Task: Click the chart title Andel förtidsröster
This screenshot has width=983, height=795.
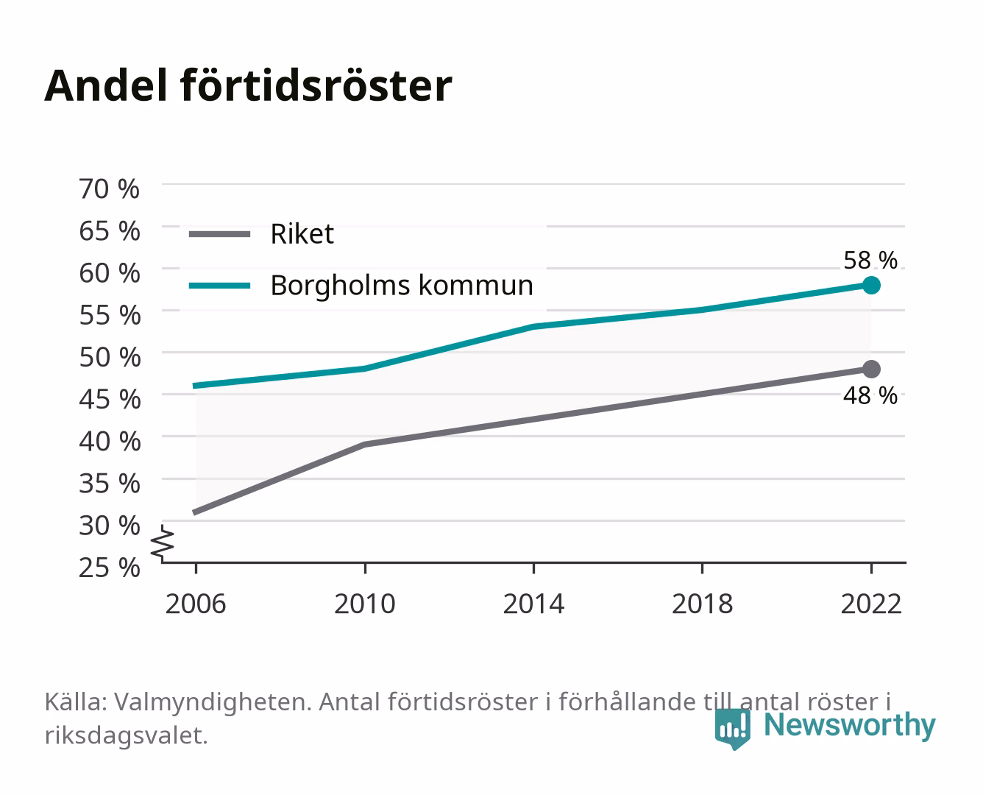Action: click(x=248, y=86)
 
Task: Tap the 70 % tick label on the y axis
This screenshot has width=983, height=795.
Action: click(x=110, y=189)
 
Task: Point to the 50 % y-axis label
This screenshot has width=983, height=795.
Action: click(x=110, y=357)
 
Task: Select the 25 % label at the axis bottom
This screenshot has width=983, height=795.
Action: click(x=110, y=568)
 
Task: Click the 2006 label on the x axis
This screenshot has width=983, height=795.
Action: click(x=196, y=604)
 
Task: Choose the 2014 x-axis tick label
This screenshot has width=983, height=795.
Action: click(x=533, y=604)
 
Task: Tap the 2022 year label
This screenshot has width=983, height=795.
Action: click(x=871, y=604)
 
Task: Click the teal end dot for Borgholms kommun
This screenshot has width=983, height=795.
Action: click(x=871, y=286)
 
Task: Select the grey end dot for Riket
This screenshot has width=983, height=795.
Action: click(x=871, y=370)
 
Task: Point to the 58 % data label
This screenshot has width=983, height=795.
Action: click(x=870, y=261)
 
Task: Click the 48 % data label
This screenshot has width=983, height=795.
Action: click(x=870, y=395)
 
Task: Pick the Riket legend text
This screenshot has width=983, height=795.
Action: click(x=302, y=234)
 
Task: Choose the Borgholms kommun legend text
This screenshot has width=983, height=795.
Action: click(x=402, y=286)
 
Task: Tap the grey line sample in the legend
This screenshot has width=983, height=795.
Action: click(x=220, y=235)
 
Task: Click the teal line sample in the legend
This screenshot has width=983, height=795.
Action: click(x=220, y=286)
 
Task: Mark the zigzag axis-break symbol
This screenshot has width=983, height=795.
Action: click(x=163, y=543)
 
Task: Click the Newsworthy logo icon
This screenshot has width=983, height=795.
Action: click(x=732, y=729)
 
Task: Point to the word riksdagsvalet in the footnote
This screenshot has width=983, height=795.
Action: click(x=126, y=735)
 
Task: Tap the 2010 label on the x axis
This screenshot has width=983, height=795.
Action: click(x=365, y=604)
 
